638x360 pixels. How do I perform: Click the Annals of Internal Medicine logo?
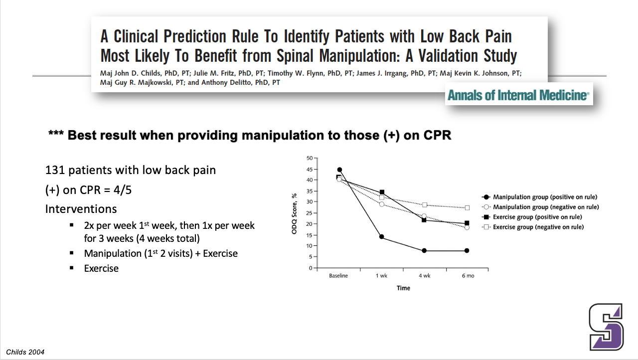[518, 95]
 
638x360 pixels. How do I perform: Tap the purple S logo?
[606, 327]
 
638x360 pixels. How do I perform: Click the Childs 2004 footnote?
[25, 352]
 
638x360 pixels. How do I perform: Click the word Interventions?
[82, 208]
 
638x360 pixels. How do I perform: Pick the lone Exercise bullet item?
[101, 268]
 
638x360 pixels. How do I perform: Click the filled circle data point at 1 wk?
[381, 237]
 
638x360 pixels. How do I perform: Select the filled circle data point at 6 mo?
[467, 250]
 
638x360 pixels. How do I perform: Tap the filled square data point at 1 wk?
[382, 192]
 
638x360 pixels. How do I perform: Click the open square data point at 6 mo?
[467, 207]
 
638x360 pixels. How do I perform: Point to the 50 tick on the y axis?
[309, 158]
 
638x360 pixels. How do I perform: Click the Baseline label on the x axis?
[338, 276]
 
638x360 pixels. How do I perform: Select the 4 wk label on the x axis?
[424, 276]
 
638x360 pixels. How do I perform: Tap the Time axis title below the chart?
[403, 288]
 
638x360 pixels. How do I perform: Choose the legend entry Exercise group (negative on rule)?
[538, 227]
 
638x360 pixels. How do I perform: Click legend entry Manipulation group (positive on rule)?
[545, 197]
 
